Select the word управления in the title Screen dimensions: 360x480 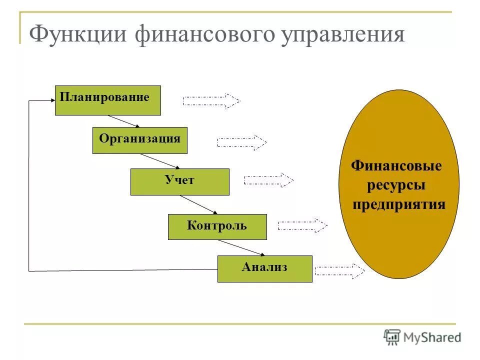(x=345, y=35)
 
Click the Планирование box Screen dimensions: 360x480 (x=107, y=100)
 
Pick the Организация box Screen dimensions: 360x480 (x=139, y=140)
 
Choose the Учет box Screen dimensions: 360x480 (x=179, y=181)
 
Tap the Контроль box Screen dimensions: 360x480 (x=217, y=226)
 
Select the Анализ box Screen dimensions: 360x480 (x=264, y=268)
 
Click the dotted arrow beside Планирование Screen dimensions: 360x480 (x=211, y=101)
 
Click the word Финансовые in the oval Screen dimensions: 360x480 (x=397, y=166)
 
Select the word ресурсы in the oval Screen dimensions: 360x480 (x=397, y=185)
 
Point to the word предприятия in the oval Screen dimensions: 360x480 (x=399, y=205)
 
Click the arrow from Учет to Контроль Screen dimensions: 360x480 (x=198, y=204)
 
